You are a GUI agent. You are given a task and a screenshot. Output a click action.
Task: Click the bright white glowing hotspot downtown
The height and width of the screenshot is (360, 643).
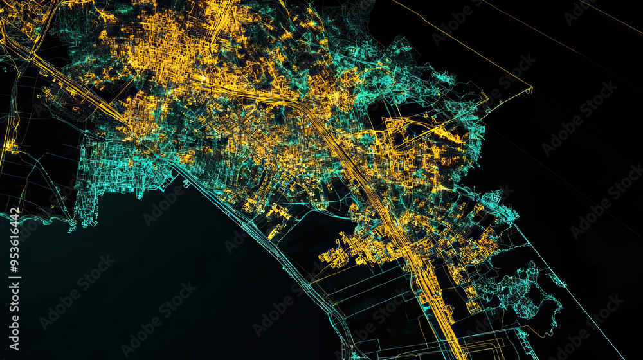click(x=203, y=78)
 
